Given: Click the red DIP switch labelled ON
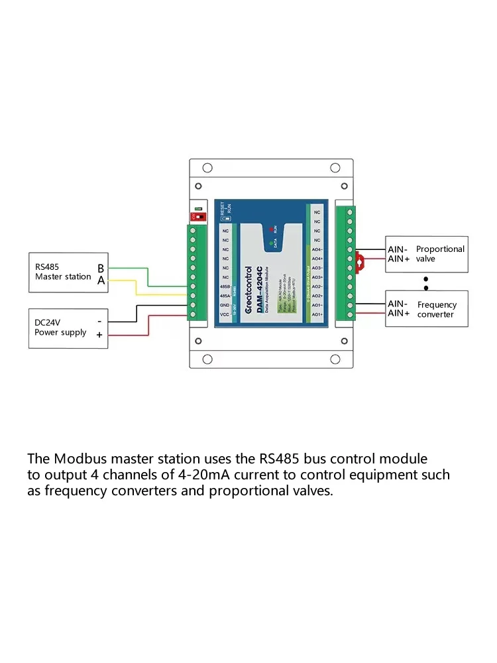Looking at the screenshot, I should tap(197, 216).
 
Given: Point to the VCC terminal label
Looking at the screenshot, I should tap(225, 314).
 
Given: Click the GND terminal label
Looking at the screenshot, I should tap(225, 305).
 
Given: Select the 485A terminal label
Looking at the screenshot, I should tap(225, 296).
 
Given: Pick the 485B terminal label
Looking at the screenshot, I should tap(225, 286).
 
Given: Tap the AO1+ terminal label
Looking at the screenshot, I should tap(317, 314).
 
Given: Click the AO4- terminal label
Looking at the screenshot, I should tap(317, 249).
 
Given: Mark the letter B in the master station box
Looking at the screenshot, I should tap(101, 269).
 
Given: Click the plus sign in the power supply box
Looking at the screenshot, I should tap(99, 335).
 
